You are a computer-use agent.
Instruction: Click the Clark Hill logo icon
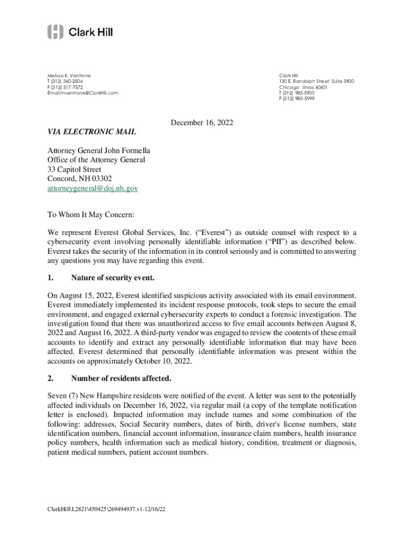tap(55, 32)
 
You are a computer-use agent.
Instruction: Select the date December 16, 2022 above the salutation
tap(202, 123)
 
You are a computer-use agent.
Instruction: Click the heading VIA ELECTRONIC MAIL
tap(91, 132)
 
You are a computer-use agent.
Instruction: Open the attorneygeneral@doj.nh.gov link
tap(92, 188)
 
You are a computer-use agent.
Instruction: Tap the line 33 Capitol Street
tap(74, 169)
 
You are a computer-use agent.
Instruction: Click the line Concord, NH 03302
tap(79, 178)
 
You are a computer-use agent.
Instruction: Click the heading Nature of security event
tap(113, 277)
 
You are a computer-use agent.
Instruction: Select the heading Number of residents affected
tap(121, 378)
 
